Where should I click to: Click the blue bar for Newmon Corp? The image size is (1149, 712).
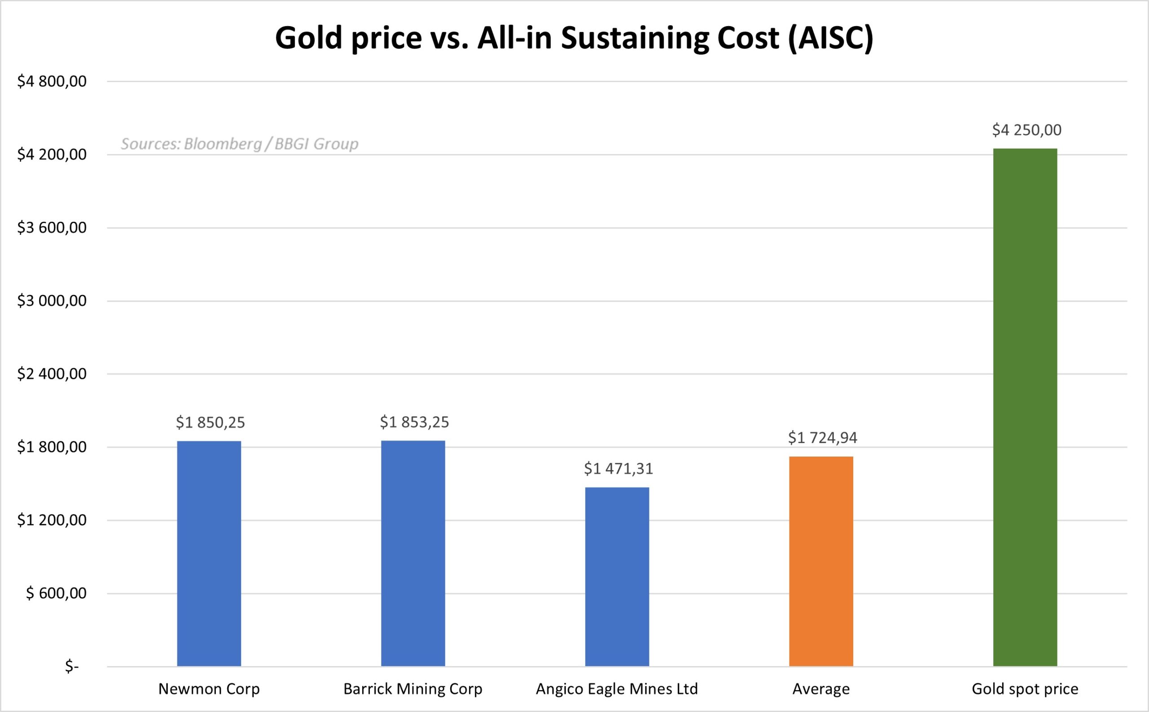click(209, 554)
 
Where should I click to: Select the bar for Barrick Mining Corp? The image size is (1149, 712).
click(413, 554)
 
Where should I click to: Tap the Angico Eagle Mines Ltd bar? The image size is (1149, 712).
click(617, 577)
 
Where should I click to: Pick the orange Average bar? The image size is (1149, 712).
click(821, 561)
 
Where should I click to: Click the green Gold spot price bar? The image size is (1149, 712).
click(1025, 407)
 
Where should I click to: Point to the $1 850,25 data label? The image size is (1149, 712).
click(211, 422)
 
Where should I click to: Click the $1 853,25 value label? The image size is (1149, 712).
click(414, 422)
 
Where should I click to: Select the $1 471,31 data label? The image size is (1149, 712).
click(618, 469)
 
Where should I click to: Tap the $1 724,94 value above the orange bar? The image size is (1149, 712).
click(822, 437)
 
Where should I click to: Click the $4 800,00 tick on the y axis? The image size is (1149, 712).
click(52, 81)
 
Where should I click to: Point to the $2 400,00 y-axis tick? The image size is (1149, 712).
click(52, 374)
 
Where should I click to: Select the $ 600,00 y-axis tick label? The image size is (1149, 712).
click(56, 593)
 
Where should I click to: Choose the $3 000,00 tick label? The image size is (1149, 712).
click(52, 300)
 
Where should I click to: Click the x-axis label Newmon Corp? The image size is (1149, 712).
click(209, 689)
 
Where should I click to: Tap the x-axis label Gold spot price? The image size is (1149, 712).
click(1025, 689)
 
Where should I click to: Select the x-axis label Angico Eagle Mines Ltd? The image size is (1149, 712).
click(617, 689)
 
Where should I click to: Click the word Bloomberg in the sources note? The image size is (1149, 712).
click(222, 144)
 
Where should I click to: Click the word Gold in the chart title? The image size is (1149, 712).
click(308, 38)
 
